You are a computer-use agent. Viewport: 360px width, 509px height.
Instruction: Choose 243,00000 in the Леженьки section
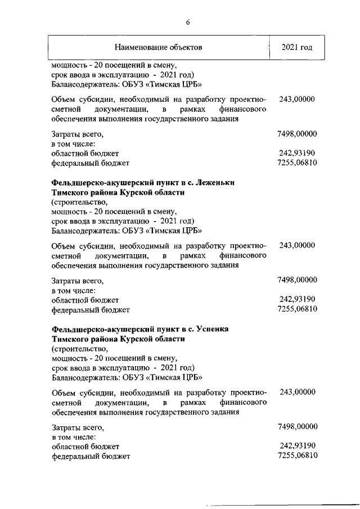297,245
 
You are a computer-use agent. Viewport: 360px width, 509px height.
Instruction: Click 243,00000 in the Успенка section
297,391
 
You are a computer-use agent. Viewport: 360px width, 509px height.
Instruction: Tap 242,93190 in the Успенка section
298,445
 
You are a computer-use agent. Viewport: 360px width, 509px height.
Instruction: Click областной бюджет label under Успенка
84,445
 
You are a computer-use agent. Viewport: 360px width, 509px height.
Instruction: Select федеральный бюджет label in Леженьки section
90,310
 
